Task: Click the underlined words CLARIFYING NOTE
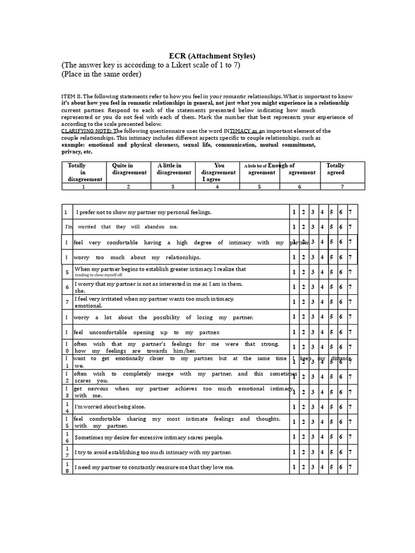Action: pyautogui.click(x=86, y=131)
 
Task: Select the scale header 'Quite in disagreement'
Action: pyautogui.click(x=129, y=169)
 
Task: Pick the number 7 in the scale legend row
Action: pyautogui.click(x=343, y=186)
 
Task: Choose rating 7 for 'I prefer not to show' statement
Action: pyautogui.click(x=350, y=212)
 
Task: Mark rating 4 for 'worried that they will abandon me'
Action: pyautogui.click(x=322, y=227)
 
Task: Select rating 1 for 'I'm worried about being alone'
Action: pyautogui.click(x=294, y=407)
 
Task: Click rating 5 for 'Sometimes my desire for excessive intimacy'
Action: pyautogui.click(x=331, y=437)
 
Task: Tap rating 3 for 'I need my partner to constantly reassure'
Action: pyautogui.click(x=312, y=467)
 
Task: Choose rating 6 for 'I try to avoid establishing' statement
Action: pyautogui.click(x=340, y=452)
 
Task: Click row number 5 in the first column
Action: pyautogui.click(x=67, y=273)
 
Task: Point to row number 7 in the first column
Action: pyautogui.click(x=67, y=302)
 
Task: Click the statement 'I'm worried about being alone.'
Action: pyautogui.click(x=110, y=407)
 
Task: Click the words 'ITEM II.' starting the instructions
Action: pyautogui.click(x=71, y=96)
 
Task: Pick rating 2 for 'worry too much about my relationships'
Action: pyautogui.click(x=303, y=258)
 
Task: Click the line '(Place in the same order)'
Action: pyautogui.click(x=102, y=74)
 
